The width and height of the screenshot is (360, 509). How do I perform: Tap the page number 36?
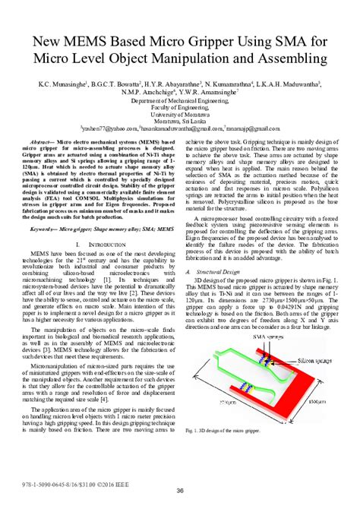pos(180,491)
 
